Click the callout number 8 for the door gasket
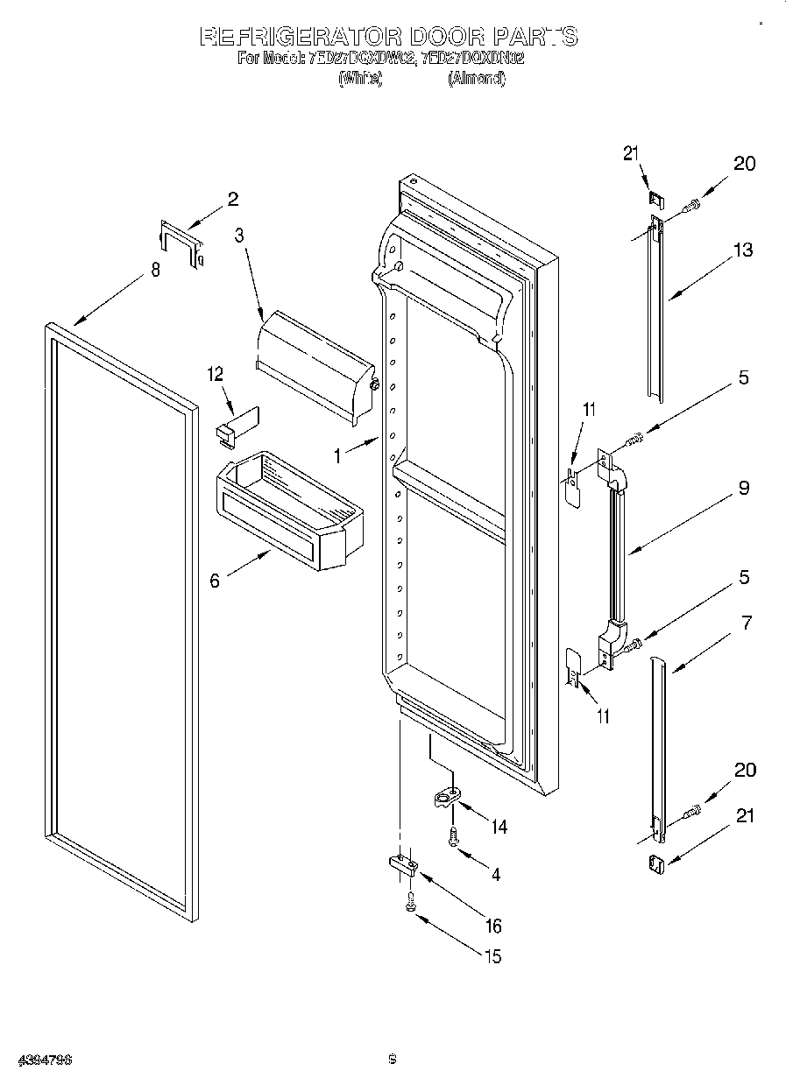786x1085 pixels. pos(155,271)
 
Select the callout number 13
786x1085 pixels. pos(743,250)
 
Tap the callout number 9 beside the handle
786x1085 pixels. pos(743,489)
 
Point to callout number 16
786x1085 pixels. pos(493,926)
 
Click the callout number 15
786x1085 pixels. pos(493,956)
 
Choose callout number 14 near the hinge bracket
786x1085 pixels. pos(499,827)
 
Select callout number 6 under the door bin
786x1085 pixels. pos(215,580)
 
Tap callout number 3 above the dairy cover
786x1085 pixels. pos(239,235)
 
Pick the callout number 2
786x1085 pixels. pos(232,199)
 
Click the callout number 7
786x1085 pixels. pos(746,624)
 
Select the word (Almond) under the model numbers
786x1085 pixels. pos(477,79)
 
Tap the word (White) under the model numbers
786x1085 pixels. pos(359,79)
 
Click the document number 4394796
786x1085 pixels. pos(36,1060)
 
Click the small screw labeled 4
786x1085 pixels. pos(453,837)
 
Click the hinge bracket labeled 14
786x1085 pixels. pos(447,798)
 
